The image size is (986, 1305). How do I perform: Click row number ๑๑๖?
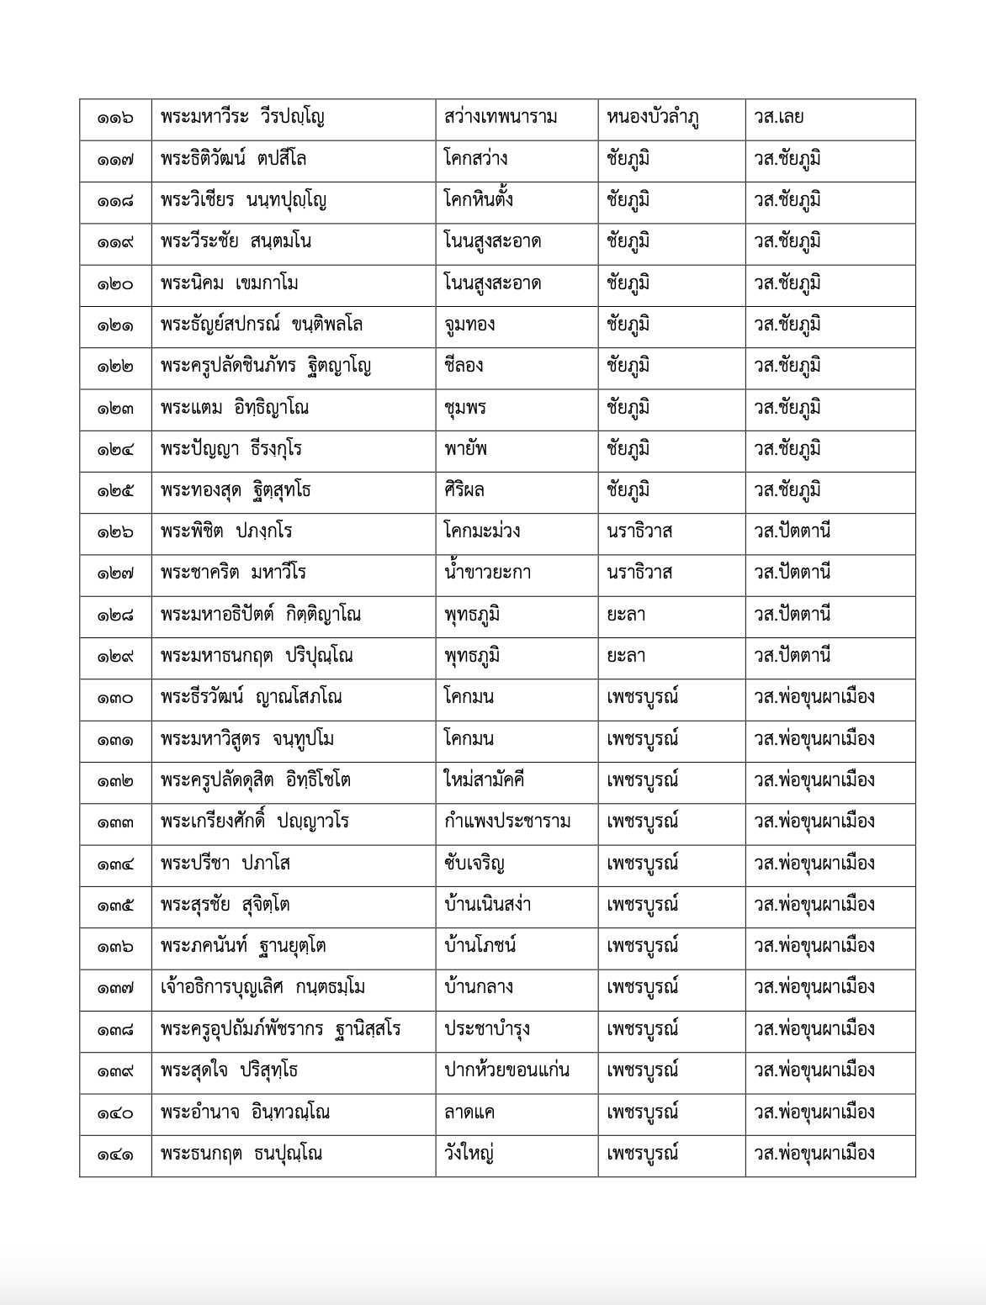coord(114,118)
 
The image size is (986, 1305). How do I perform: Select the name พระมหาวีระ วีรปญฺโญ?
coord(243,118)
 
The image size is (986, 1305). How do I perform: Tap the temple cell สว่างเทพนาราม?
coord(501,118)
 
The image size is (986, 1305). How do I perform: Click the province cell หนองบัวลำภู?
coord(653,118)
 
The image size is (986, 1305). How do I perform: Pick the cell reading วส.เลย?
coord(779,118)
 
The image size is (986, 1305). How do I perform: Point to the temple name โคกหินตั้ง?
coord(479,200)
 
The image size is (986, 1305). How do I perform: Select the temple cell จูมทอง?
coord(469,325)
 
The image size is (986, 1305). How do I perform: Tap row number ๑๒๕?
coord(114,490)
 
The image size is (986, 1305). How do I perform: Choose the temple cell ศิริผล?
coord(464,490)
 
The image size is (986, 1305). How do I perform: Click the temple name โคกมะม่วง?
coord(482,531)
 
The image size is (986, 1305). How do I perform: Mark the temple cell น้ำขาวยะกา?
coord(487,573)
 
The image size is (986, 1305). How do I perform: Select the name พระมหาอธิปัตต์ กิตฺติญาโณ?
coord(261,615)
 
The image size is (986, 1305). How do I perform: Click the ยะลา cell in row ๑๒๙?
coord(626,656)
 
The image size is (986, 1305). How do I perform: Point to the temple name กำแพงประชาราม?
coord(507,822)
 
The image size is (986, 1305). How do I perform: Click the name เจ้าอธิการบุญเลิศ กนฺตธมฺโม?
coord(262,987)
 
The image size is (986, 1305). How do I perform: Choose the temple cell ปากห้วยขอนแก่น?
coord(507,1070)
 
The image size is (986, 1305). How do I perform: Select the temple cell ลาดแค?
coord(469,1112)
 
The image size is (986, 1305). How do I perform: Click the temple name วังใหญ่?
coord(469,1154)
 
